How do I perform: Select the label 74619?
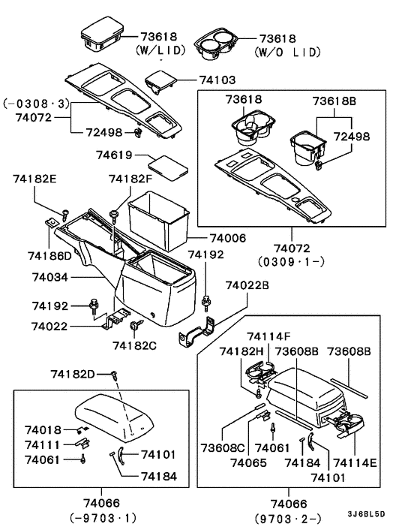(114, 155)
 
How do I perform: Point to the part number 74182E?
(35, 179)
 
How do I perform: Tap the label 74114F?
(269, 336)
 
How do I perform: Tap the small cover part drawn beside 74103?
(159, 80)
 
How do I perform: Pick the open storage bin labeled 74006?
(157, 218)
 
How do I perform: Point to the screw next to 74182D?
(114, 375)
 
